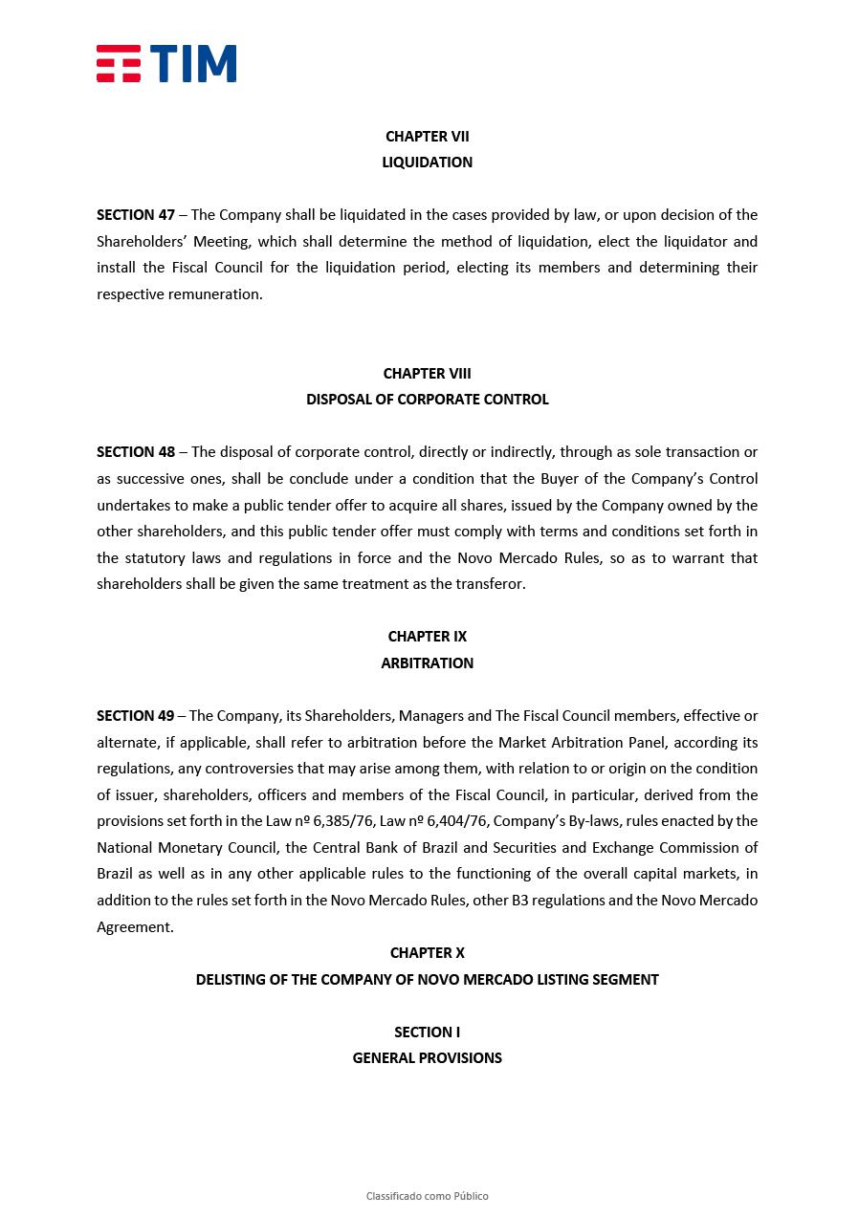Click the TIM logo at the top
(165, 63)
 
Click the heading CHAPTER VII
(427, 137)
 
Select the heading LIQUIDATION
(427, 163)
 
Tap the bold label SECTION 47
(136, 215)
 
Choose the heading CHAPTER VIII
(427, 374)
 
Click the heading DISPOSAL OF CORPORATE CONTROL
(427, 400)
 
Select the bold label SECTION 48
(136, 452)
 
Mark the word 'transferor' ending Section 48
(490, 584)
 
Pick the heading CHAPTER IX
(427, 637)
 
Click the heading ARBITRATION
(427, 663)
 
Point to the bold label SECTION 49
(136, 716)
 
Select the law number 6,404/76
(466, 821)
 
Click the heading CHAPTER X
(427, 953)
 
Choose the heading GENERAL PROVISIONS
(427, 1058)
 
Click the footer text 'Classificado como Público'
(427, 1196)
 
